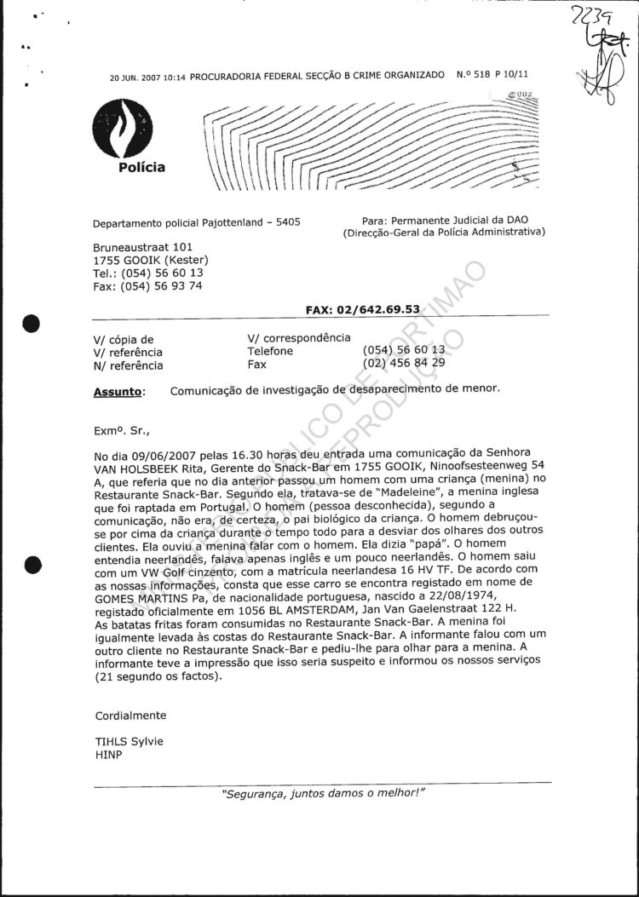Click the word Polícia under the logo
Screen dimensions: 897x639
(141, 168)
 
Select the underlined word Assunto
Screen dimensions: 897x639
(116, 392)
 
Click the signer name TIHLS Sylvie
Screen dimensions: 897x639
(129, 741)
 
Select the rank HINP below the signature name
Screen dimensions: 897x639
(108, 754)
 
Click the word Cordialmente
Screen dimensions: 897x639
(130, 716)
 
